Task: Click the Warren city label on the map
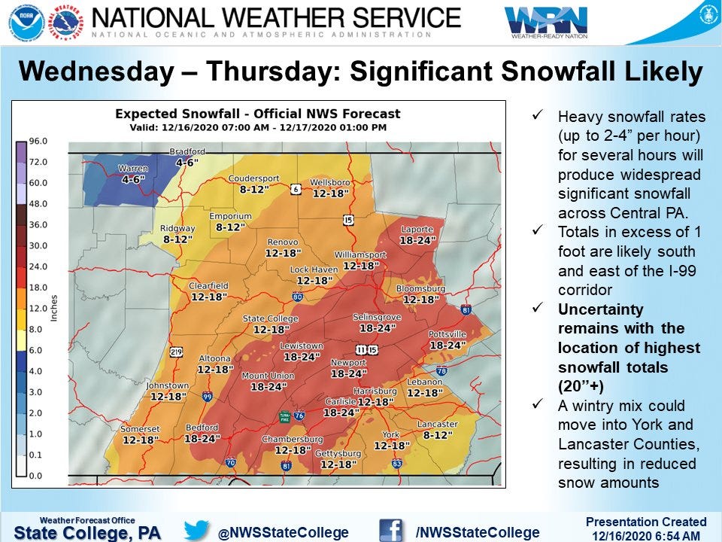pos(132,169)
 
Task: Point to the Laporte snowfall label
pos(417,230)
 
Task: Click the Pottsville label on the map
pos(447,334)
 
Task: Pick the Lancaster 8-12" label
pos(437,425)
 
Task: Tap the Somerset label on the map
pos(140,429)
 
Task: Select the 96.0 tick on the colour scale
pos(38,142)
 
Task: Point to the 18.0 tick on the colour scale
pos(38,288)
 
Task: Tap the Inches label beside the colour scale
pos(53,309)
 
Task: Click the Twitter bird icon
pos(196,530)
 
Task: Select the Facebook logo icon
pos(390,530)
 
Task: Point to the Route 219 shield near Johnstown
pos(176,351)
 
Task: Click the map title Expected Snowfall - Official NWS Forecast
pos(257,114)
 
